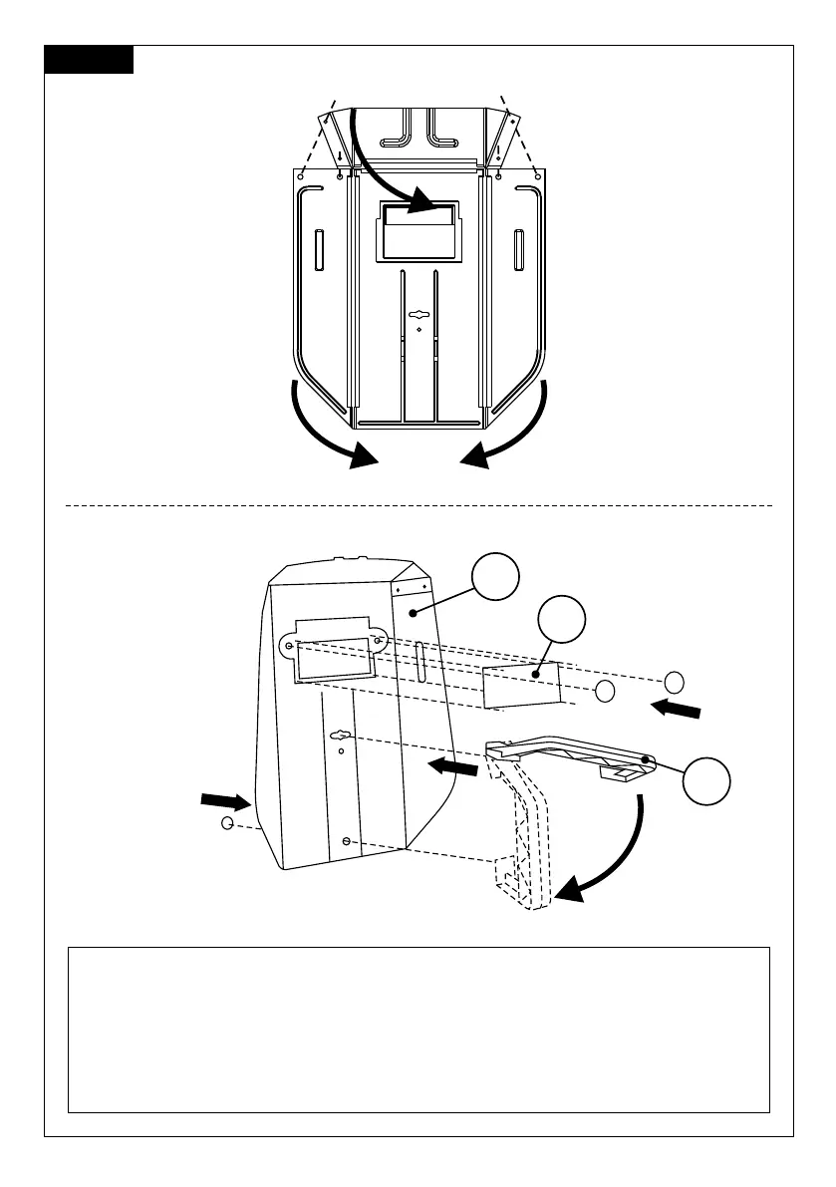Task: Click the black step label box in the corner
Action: point(89,60)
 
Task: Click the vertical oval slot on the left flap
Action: point(319,249)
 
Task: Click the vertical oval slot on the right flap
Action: point(518,249)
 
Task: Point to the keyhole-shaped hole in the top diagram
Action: point(418,312)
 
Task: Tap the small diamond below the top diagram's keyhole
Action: point(419,329)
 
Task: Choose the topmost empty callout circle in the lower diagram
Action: point(495,578)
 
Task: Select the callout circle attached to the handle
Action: point(708,784)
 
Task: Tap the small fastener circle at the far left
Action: point(228,823)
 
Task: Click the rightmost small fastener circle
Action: point(675,682)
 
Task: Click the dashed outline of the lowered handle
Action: point(520,837)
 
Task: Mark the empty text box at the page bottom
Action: point(418,1029)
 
